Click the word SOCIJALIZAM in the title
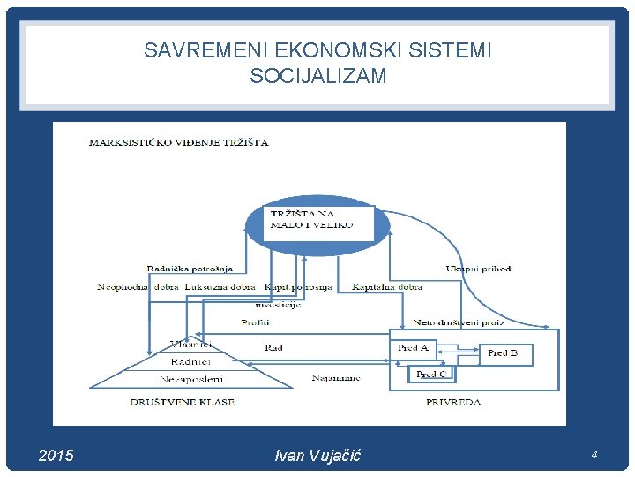coord(317,76)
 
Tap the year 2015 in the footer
coord(57,456)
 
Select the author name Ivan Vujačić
coord(317,456)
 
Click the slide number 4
coord(594,455)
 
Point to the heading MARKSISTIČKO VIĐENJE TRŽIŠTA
coord(179,142)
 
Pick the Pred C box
coord(431,374)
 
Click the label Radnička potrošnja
coord(190,269)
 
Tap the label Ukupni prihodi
coord(479,269)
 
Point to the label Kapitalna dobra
coord(387,287)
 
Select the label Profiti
coord(255,322)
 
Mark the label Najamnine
coord(336,378)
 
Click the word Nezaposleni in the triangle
coord(190,378)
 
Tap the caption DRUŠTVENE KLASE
coord(182,402)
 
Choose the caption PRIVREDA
coord(453,402)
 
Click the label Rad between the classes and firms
coord(274,348)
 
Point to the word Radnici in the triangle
coord(190,360)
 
